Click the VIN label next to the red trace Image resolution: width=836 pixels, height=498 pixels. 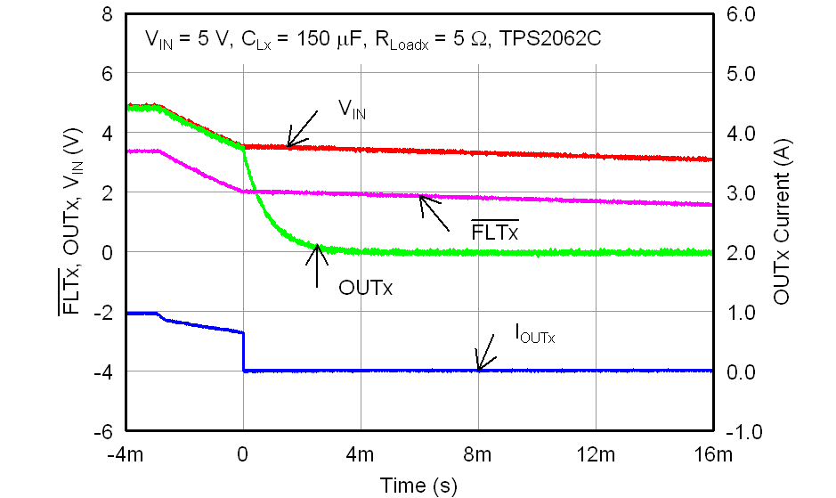click(x=352, y=110)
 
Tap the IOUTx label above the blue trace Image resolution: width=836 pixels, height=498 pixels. click(x=534, y=335)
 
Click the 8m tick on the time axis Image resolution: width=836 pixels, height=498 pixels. click(x=477, y=456)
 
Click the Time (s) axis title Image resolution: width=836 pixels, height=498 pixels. click(x=418, y=486)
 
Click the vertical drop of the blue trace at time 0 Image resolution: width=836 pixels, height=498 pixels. click(x=243, y=351)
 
